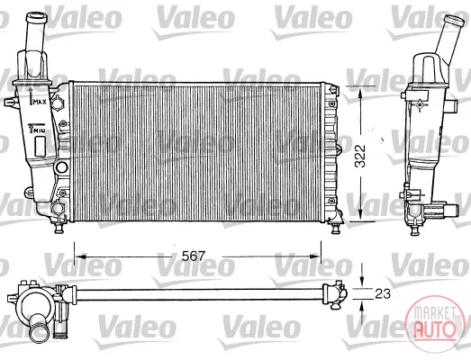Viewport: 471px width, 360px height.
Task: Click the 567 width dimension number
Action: pos(194,256)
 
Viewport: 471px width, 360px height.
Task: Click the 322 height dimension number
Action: pos(360,156)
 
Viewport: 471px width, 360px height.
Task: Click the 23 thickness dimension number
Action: pos(383,294)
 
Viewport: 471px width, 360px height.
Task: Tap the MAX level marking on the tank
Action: pos(40,103)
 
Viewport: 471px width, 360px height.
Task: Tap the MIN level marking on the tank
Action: pos(39,130)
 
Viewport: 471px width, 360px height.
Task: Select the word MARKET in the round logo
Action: pos(434,313)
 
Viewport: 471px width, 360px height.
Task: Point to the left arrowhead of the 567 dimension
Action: pos(80,256)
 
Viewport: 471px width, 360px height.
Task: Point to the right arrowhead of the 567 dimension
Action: pos(315,256)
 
